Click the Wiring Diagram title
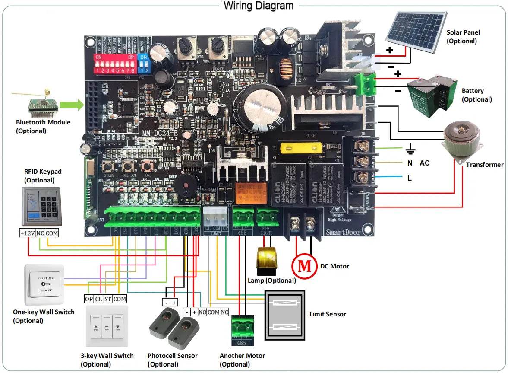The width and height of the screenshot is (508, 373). click(x=259, y=6)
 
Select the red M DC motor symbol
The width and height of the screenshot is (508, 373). click(x=305, y=265)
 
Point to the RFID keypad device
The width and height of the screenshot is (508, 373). click(x=41, y=207)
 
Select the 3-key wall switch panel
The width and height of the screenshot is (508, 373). click(x=107, y=326)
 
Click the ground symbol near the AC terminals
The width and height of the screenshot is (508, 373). click(x=410, y=151)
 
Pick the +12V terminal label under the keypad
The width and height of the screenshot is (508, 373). click(x=27, y=233)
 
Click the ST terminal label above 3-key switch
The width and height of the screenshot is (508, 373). click(x=108, y=299)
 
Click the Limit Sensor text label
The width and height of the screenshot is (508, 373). click(x=328, y=314)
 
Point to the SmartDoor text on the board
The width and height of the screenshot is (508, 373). click(x=343, y=232)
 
